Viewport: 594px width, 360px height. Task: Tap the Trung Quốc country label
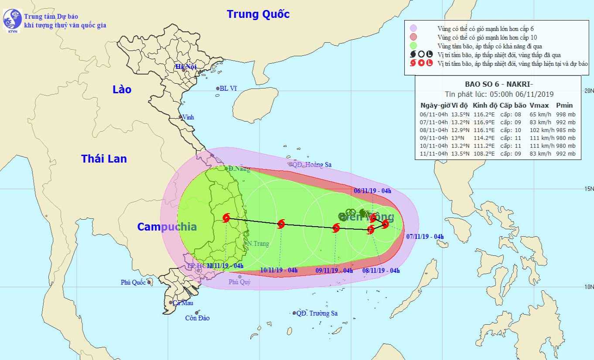(x=258, y=14)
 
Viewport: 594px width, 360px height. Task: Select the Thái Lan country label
(x=104, y=159)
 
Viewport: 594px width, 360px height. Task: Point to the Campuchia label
(x=167, y=227)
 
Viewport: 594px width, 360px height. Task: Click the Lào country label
(x=122, y=89)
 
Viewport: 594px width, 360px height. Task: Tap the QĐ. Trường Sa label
(x=317, y=313)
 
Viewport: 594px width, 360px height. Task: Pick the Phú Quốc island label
(x=133, y=282)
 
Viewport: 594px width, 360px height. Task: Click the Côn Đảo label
(x=197, y=318)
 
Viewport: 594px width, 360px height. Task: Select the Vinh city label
(x=188, y=117)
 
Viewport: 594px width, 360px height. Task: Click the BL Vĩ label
(x=228, y=88)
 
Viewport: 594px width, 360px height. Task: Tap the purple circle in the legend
(x=413, y=28)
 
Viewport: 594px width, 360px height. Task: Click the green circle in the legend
(x=413, y=46)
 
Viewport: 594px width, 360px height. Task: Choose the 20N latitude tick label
(x=588, y=91)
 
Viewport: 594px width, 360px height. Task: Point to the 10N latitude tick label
(x=588, y=287)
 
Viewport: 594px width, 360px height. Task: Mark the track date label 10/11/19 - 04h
(x=279, y=270)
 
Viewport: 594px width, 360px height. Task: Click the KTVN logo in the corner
(x=12, y=20)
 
